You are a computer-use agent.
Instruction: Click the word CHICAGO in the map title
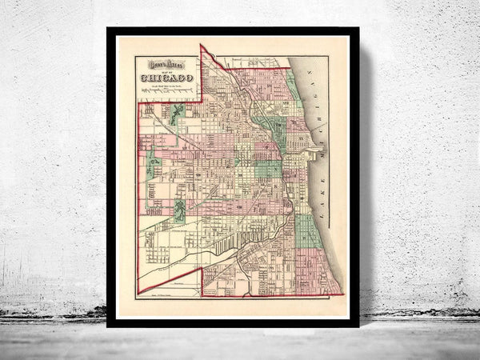click(x=169, y=78)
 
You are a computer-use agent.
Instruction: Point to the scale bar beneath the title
click(x=168, y=94)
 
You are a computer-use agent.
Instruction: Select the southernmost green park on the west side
click(x=181, y=210)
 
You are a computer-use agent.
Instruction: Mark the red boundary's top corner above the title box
click(x=201, y=46)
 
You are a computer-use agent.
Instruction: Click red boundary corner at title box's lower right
click(x=201, y=101)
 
